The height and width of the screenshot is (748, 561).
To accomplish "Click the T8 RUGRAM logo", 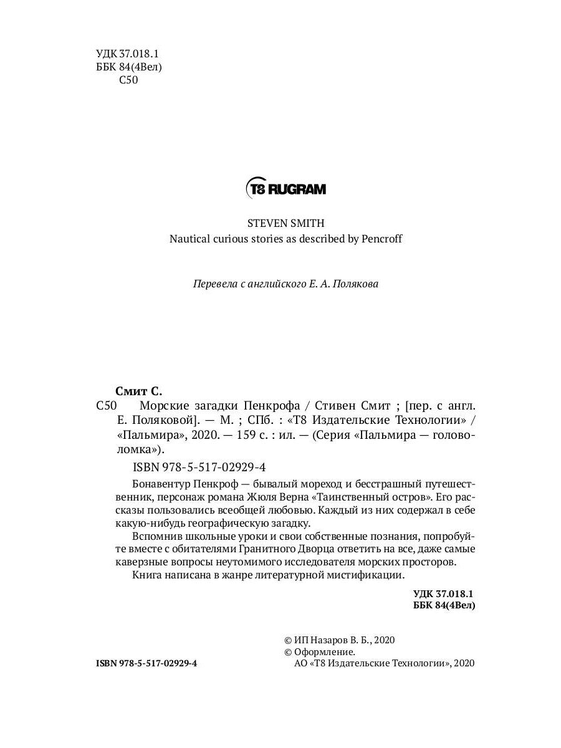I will coord(286,188).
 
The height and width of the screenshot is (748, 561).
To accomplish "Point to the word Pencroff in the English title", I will coord(381,239).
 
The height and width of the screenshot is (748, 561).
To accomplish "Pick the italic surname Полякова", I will coord(357,284).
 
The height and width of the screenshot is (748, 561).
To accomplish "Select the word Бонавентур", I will coord(162,484).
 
